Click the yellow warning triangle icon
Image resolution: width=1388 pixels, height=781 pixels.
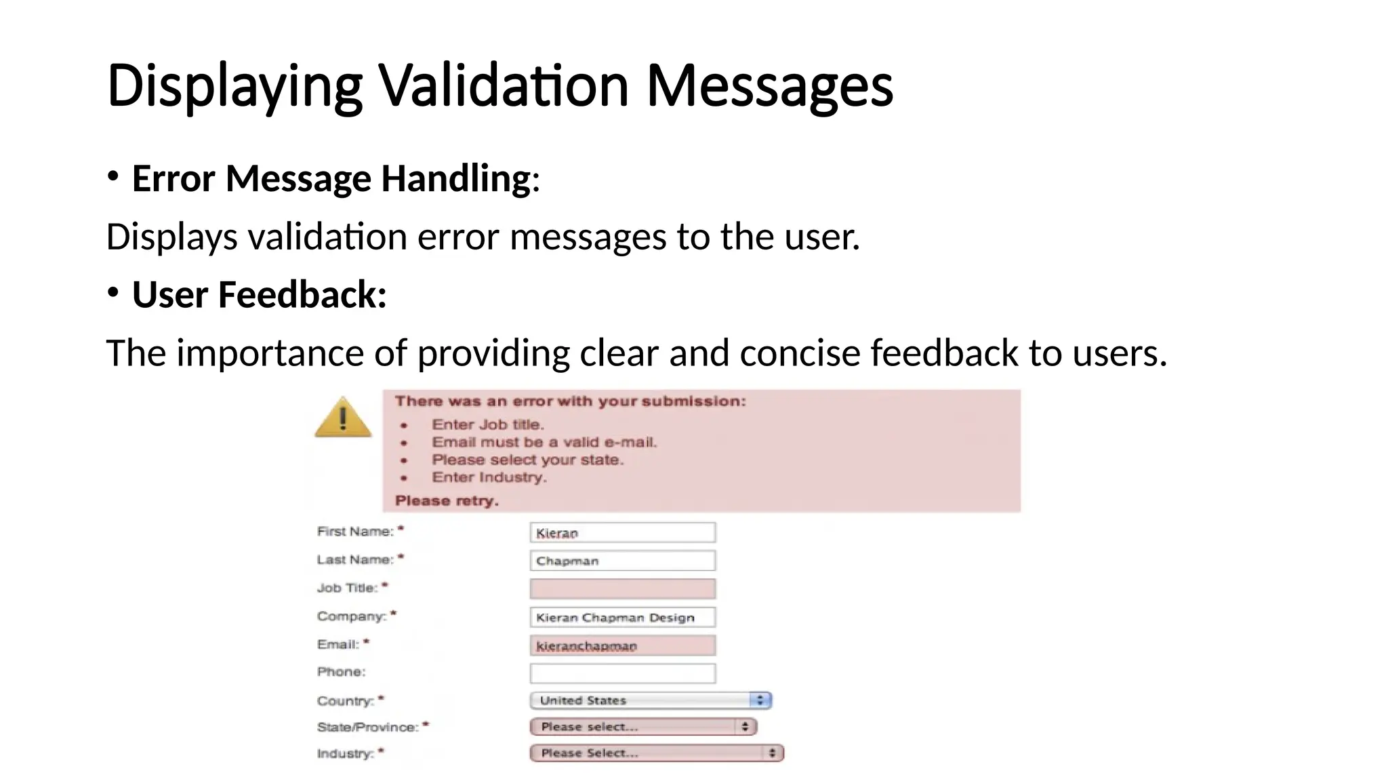[343, 418]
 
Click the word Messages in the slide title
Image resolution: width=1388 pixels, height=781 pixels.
[770, 86]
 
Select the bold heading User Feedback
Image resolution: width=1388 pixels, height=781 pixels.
[259, 295]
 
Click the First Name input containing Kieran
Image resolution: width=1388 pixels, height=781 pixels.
[622, 533]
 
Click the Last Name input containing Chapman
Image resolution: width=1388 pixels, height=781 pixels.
[622, 561]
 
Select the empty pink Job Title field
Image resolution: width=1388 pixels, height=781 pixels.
[622, 588]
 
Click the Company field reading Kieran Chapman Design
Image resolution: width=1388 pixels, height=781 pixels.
[622, 617]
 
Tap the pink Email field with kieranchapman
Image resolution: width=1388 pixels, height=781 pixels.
[622, 645]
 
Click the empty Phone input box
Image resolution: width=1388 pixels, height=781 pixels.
[622, 673]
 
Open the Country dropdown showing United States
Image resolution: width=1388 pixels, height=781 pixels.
[650, 700]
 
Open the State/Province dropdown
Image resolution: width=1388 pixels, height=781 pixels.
[642, 727]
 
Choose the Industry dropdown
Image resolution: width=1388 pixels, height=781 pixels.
[656, 753]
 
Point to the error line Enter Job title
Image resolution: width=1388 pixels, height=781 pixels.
[488, 425]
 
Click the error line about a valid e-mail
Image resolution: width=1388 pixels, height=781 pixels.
[544, 443]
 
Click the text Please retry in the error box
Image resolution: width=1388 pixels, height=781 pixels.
[447, 501]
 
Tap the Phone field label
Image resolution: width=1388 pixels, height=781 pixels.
[341, 672]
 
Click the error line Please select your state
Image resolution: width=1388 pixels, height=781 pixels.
[527, 460]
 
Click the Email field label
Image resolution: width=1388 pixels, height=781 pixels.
[338, 644]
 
